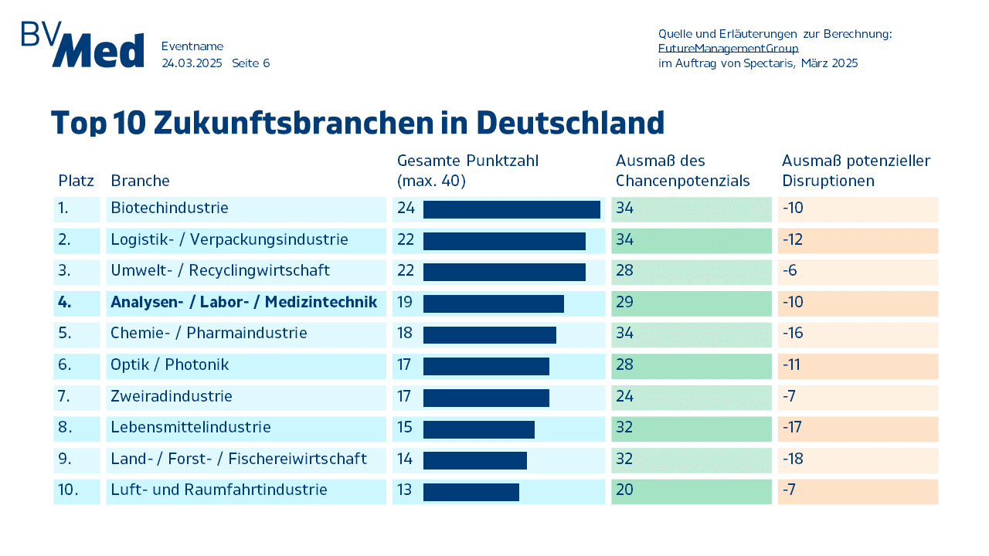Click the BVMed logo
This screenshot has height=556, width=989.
click(83, 45)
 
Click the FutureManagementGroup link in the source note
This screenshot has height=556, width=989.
click(728, 49)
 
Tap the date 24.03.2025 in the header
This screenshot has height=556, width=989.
click(192, 63)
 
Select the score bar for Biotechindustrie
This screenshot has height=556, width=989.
click(511, 209)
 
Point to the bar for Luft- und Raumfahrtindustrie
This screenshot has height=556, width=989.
click(471, 492)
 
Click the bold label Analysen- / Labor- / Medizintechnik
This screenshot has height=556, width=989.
click(243, 302)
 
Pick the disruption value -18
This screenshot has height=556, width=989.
click(793, 459)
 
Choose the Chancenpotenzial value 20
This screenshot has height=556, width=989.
click(624, 490)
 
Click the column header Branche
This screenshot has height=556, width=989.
click(140, 181)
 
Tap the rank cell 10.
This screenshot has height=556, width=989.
click(68, 490)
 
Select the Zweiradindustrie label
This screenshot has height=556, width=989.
click(172, 396)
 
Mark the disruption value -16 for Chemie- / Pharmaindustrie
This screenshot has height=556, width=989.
click(793, 334)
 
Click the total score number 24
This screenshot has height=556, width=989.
click(406, 208)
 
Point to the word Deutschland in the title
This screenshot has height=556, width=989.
click(570, 124)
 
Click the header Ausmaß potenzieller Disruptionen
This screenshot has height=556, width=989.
click(855, 171)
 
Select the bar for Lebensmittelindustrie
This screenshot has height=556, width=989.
click(479, 429)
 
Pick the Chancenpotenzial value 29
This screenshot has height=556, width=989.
click(624, 302)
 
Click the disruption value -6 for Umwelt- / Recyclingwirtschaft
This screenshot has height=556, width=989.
click(790, 271)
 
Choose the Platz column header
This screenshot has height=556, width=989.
click(76, 181)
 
